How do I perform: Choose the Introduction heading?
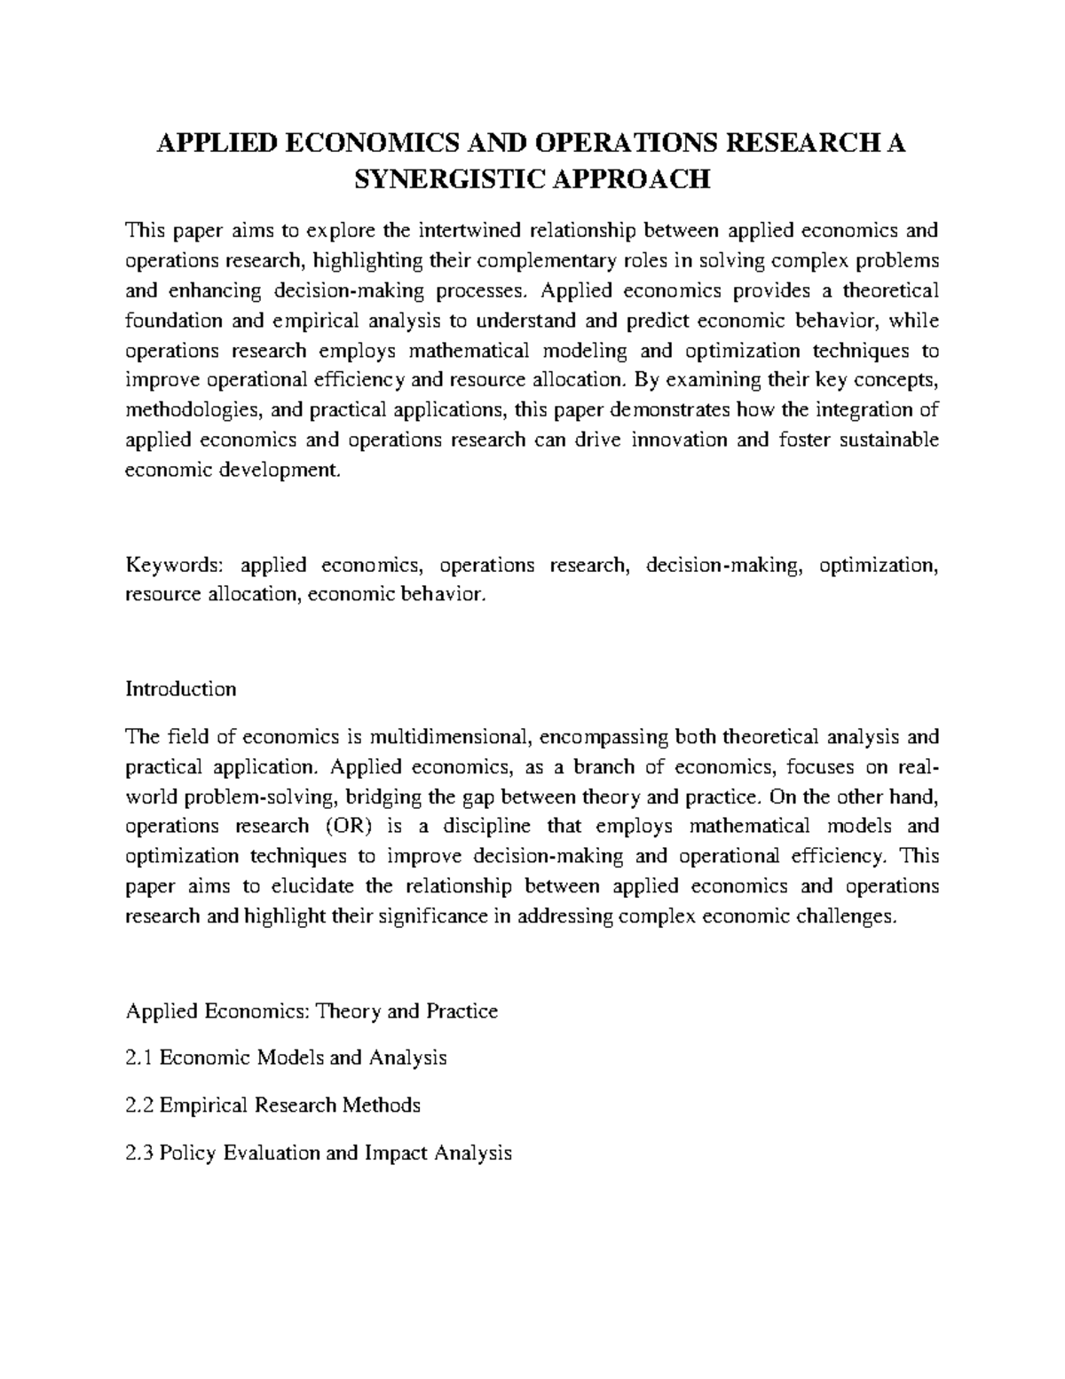pos(181,689)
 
